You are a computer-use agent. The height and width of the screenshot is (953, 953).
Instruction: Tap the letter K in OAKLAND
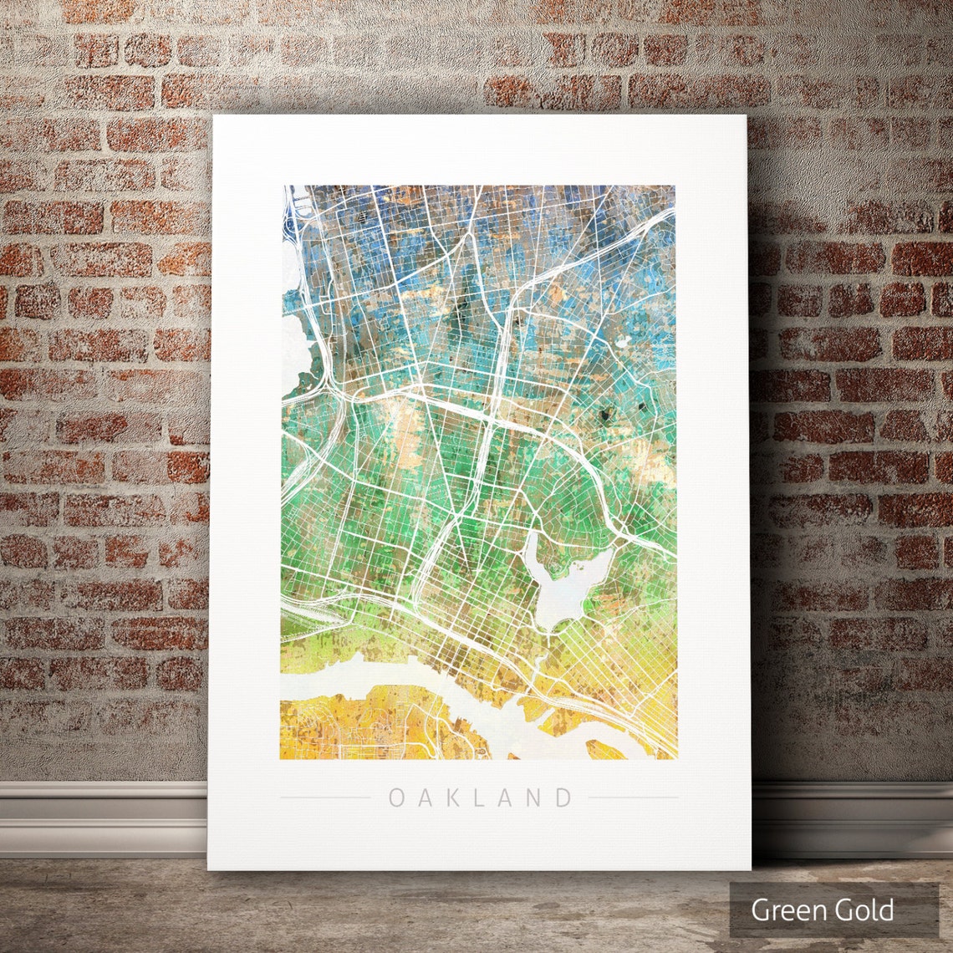coord(451,798)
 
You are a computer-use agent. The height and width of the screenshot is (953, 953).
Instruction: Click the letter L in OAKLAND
coord(479,798)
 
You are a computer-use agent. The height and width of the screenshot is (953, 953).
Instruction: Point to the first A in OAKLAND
coord(424,798)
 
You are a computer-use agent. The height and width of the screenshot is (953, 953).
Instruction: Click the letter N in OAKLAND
coord(537,798)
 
